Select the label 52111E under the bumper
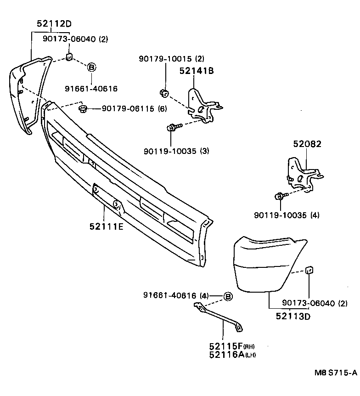[106, 226]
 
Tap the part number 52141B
[197, 71]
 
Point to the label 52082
[307, 144]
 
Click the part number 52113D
[293, 316]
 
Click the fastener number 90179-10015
[166, 59]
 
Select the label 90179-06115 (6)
[134, 109]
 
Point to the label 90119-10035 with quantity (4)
[287, 215]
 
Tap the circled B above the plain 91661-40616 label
[91, 68]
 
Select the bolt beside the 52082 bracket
[281, 197]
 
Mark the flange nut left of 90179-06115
[83, 109]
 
